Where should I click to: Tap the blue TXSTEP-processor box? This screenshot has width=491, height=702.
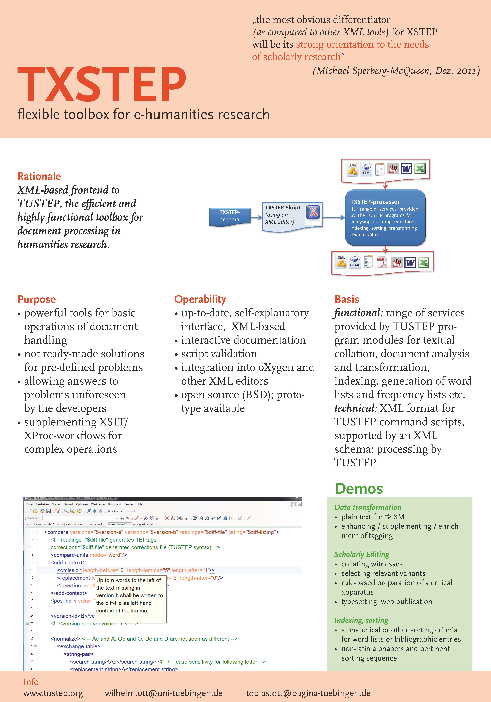385,218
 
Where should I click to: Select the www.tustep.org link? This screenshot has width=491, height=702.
53,693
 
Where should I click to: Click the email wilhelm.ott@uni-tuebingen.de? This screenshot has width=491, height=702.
164,693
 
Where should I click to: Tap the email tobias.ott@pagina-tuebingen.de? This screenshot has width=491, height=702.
308,693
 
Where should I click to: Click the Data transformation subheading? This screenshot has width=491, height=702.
368,507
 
